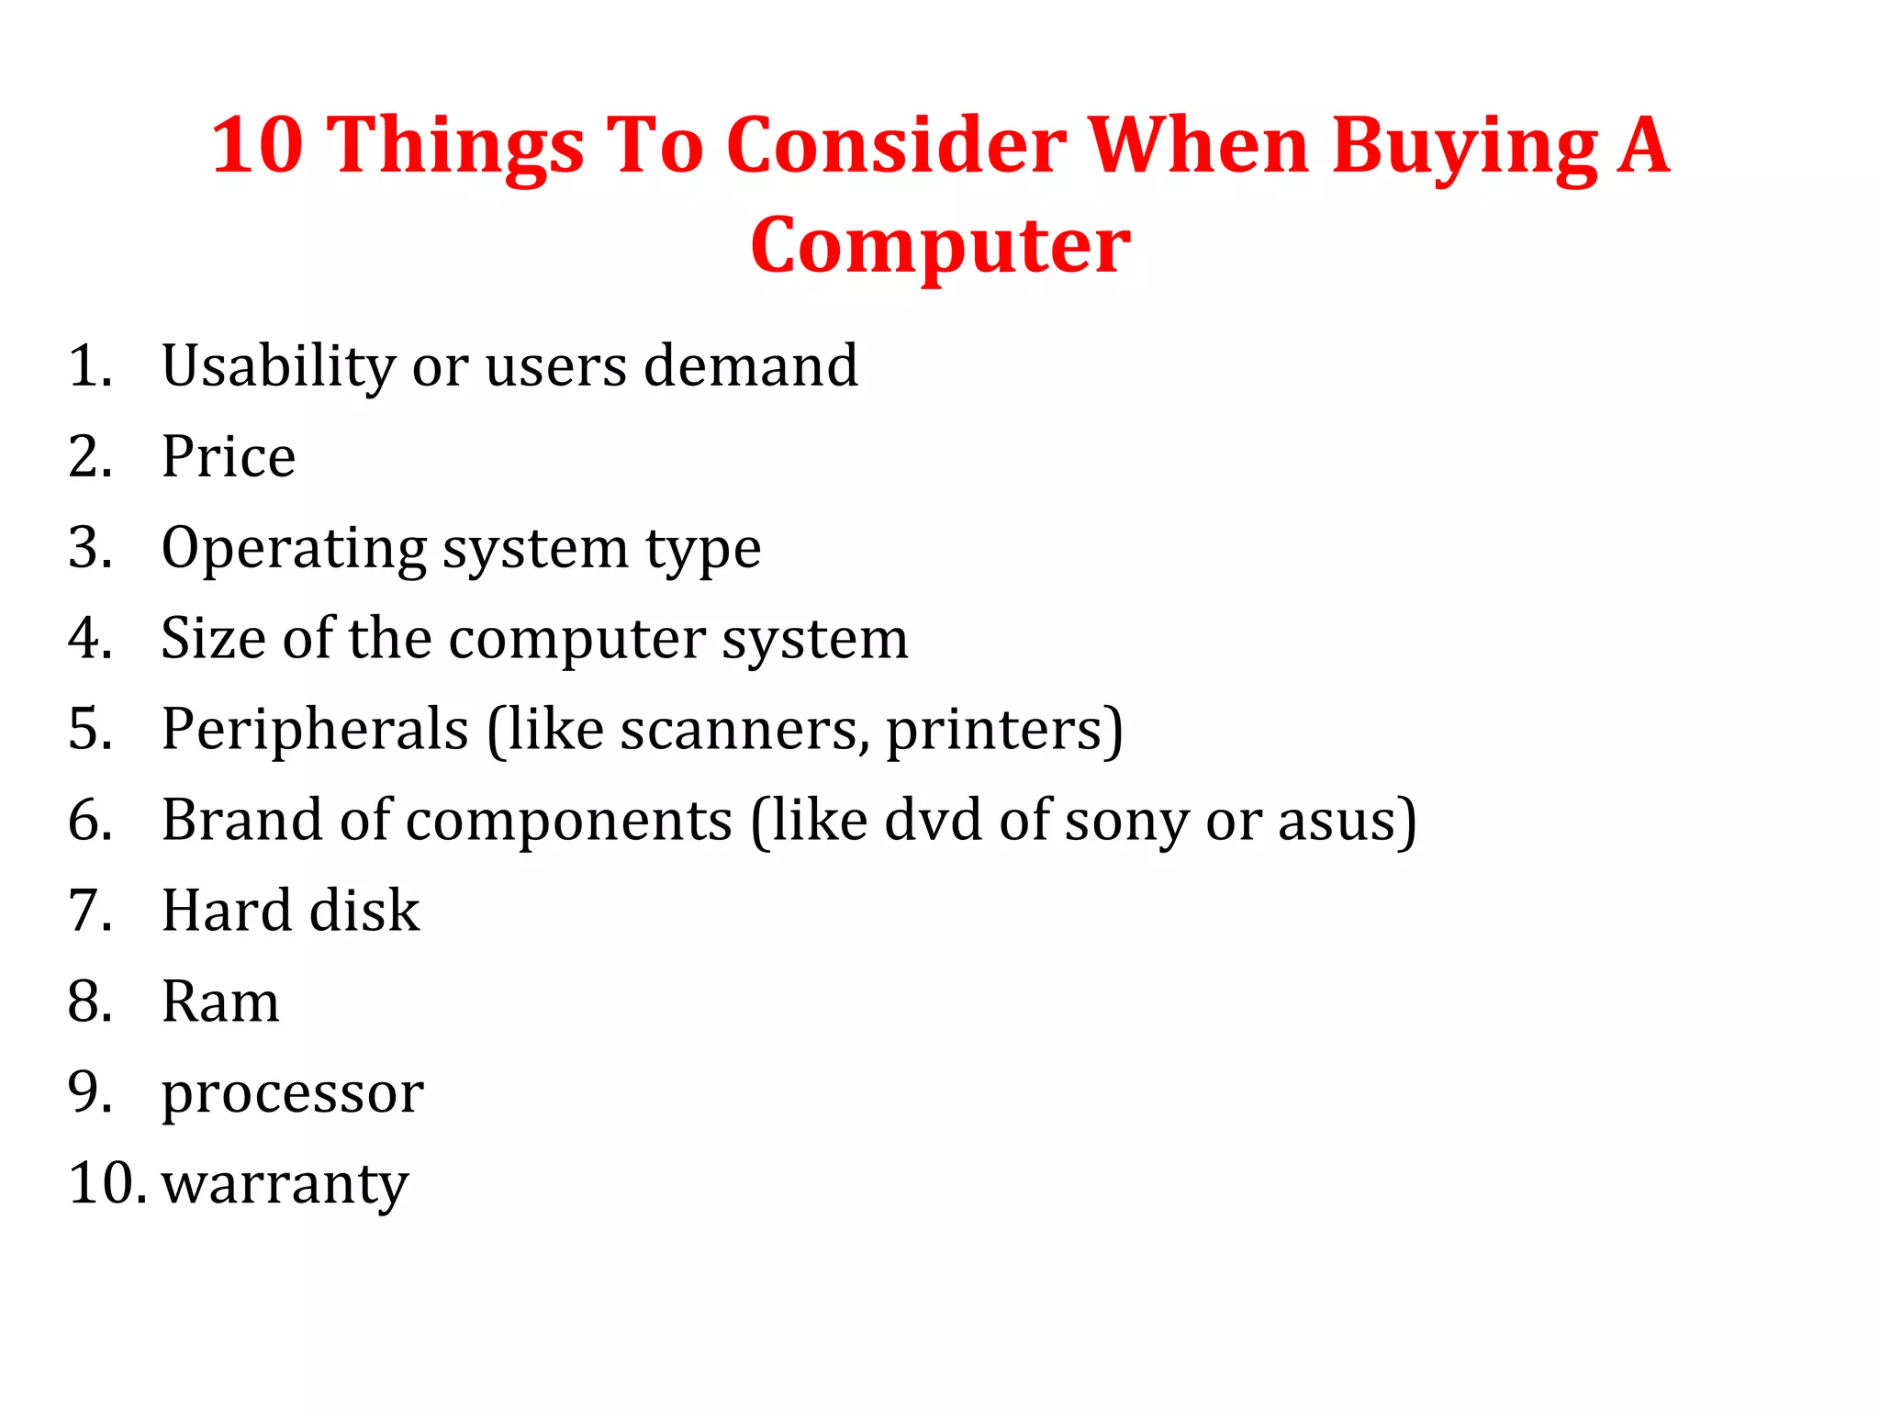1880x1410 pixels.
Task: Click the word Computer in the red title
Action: (940, 246)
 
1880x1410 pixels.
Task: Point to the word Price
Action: (229, 456)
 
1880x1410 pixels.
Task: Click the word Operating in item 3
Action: (294, 549)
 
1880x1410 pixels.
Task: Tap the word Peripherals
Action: (315, 730)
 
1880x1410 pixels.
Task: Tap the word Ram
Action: (220, 1002)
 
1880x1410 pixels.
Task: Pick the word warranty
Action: (285, 1184)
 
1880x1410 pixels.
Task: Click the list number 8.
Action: (90, 1002)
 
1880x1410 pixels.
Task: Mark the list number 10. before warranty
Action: (106, 1183)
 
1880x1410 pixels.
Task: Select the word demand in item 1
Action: (751, 366)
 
